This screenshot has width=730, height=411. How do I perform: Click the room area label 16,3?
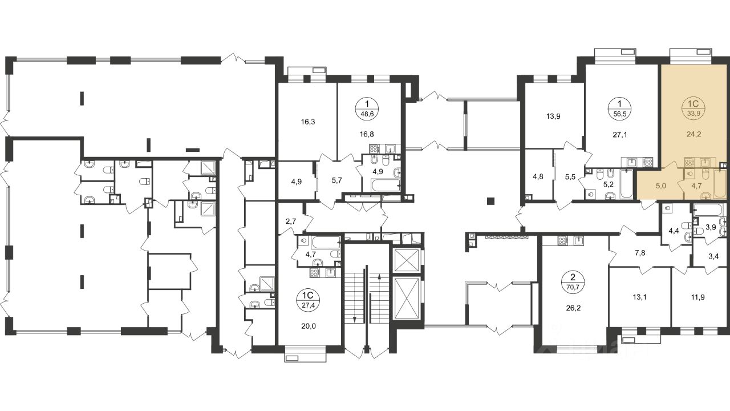click(x=308, y=122)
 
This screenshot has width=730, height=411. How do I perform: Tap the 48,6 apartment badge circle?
click(x=367, y=109)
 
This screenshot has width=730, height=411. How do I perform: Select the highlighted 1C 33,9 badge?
click(x=693, y=109)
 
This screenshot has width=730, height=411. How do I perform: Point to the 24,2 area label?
click(x=693, y=134)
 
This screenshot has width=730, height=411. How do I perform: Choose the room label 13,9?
click(x=553, y=116)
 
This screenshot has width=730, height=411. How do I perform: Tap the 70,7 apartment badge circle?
click(x=573, y=283)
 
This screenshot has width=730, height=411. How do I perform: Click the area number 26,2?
click(x=573, y=308)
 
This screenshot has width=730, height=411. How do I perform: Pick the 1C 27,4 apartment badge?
click(x=308, y=300)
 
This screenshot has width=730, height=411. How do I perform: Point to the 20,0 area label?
click(x=309, y=326)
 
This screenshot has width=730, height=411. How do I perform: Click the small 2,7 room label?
click(x=290, y=222)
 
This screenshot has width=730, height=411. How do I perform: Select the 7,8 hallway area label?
click(x=640, y=253)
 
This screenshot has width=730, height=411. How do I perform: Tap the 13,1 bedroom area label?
click(x=639, y=297)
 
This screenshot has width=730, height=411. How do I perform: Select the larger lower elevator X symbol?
click(x=406, y=299)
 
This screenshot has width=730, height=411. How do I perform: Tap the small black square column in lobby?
click(x=490, y=201)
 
